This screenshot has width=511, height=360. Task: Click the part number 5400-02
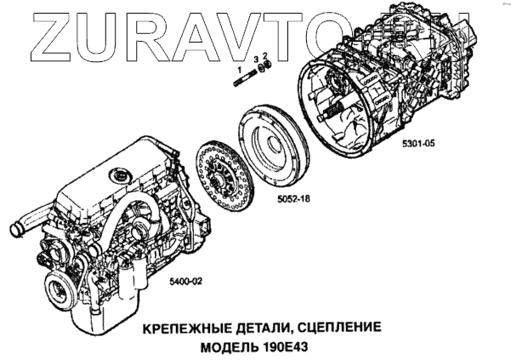(185, 281)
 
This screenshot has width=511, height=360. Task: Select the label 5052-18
(293, 198)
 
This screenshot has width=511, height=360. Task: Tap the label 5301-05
(418, 143)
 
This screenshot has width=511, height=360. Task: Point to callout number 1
(240, 69)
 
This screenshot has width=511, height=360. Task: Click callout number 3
(256, 59)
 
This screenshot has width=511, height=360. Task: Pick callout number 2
(265, 55)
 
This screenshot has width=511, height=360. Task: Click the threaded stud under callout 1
(245, 78)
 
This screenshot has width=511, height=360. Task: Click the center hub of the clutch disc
(219, 180)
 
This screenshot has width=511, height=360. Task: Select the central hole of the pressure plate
(274, 145)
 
